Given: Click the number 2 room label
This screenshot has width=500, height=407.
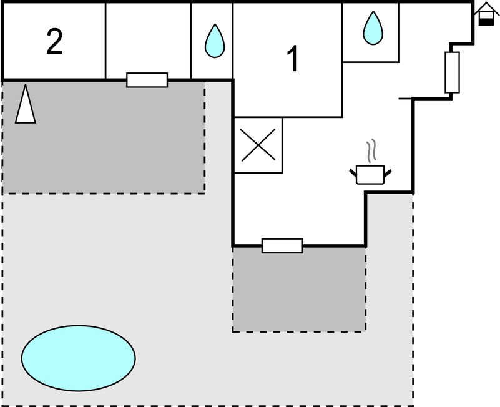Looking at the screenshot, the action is (54, 41).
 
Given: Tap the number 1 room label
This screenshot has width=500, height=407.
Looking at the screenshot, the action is (293, 59).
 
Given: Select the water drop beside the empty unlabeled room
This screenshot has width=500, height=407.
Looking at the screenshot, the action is (215, 41).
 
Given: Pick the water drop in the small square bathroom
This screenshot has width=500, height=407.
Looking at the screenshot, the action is (373, 28).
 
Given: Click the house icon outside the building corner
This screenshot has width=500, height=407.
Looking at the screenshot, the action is (486, 14).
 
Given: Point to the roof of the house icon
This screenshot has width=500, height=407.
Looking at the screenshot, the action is (486, 8).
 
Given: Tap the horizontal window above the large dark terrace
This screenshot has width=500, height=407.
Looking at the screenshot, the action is (147, 80).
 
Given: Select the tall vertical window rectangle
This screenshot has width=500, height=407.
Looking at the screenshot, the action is (452, 72).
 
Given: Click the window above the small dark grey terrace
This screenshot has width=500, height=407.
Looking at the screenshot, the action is (282, 245).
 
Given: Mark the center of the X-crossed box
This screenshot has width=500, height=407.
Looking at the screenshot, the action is (258, 145).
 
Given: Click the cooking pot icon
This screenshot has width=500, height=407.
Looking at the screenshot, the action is (370, 174).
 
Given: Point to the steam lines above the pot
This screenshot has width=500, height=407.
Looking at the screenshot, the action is (371, 150).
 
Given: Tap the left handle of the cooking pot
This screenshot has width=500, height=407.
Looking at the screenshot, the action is (353, 172).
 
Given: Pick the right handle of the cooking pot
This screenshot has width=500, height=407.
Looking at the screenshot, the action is (388, 173).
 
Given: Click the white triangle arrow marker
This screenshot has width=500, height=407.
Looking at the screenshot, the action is (26, 104).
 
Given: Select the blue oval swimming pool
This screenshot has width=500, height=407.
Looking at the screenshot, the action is (79, 358).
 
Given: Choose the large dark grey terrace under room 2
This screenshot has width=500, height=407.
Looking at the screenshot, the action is (104, 137).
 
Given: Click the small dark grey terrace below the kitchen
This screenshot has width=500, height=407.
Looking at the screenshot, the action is (299, 289).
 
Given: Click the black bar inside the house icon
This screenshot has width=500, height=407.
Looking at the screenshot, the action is (486, 22).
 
